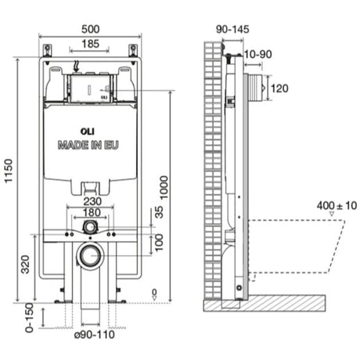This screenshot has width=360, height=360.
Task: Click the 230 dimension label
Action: (x=92, y=200)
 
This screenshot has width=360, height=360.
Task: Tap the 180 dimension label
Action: (x=92, y=212)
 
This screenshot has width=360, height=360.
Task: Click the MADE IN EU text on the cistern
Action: (x=88, y=146)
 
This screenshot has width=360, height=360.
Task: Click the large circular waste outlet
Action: (x=91, y=255)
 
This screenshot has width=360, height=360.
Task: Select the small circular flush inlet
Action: (x=91, y=226)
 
